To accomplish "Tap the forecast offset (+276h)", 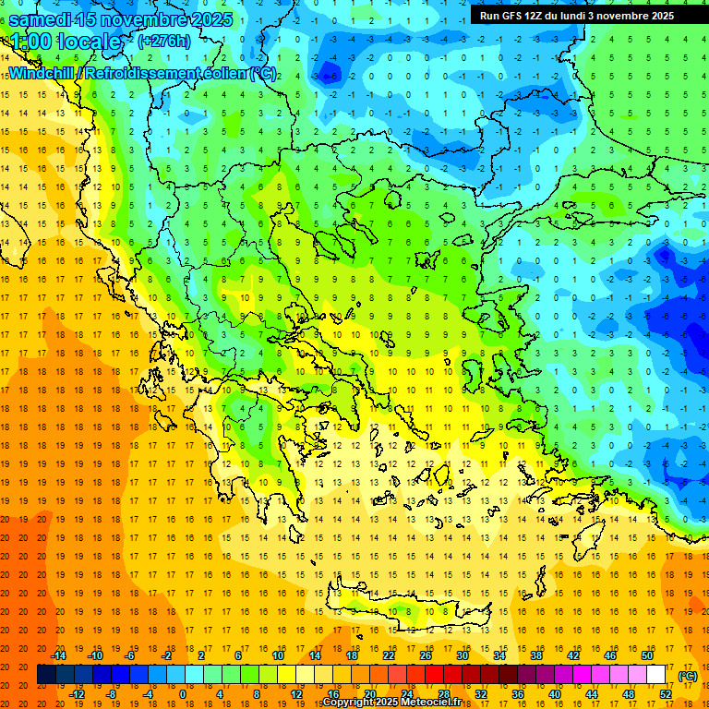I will pos(165,41).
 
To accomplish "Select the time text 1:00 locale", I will pos(65,42).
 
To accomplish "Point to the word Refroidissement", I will pos(147,73).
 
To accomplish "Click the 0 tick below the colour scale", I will pos(183,693).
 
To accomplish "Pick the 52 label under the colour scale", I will pos(665,693).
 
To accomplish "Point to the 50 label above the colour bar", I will pos(646,655).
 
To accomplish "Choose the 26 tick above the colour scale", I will pos(426,655).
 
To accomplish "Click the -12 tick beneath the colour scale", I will pos(77,693).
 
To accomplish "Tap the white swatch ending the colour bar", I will pos(655,675).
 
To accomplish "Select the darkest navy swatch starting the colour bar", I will pos(46,675).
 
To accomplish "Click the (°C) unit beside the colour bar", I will pos(688,676).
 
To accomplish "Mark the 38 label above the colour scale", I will pos(535,655).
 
